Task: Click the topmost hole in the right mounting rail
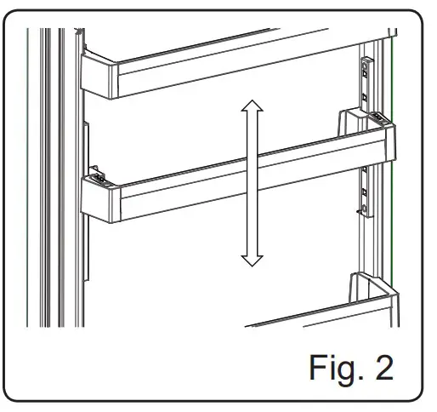367,64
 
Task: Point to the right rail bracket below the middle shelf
366,192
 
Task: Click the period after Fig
353,378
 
